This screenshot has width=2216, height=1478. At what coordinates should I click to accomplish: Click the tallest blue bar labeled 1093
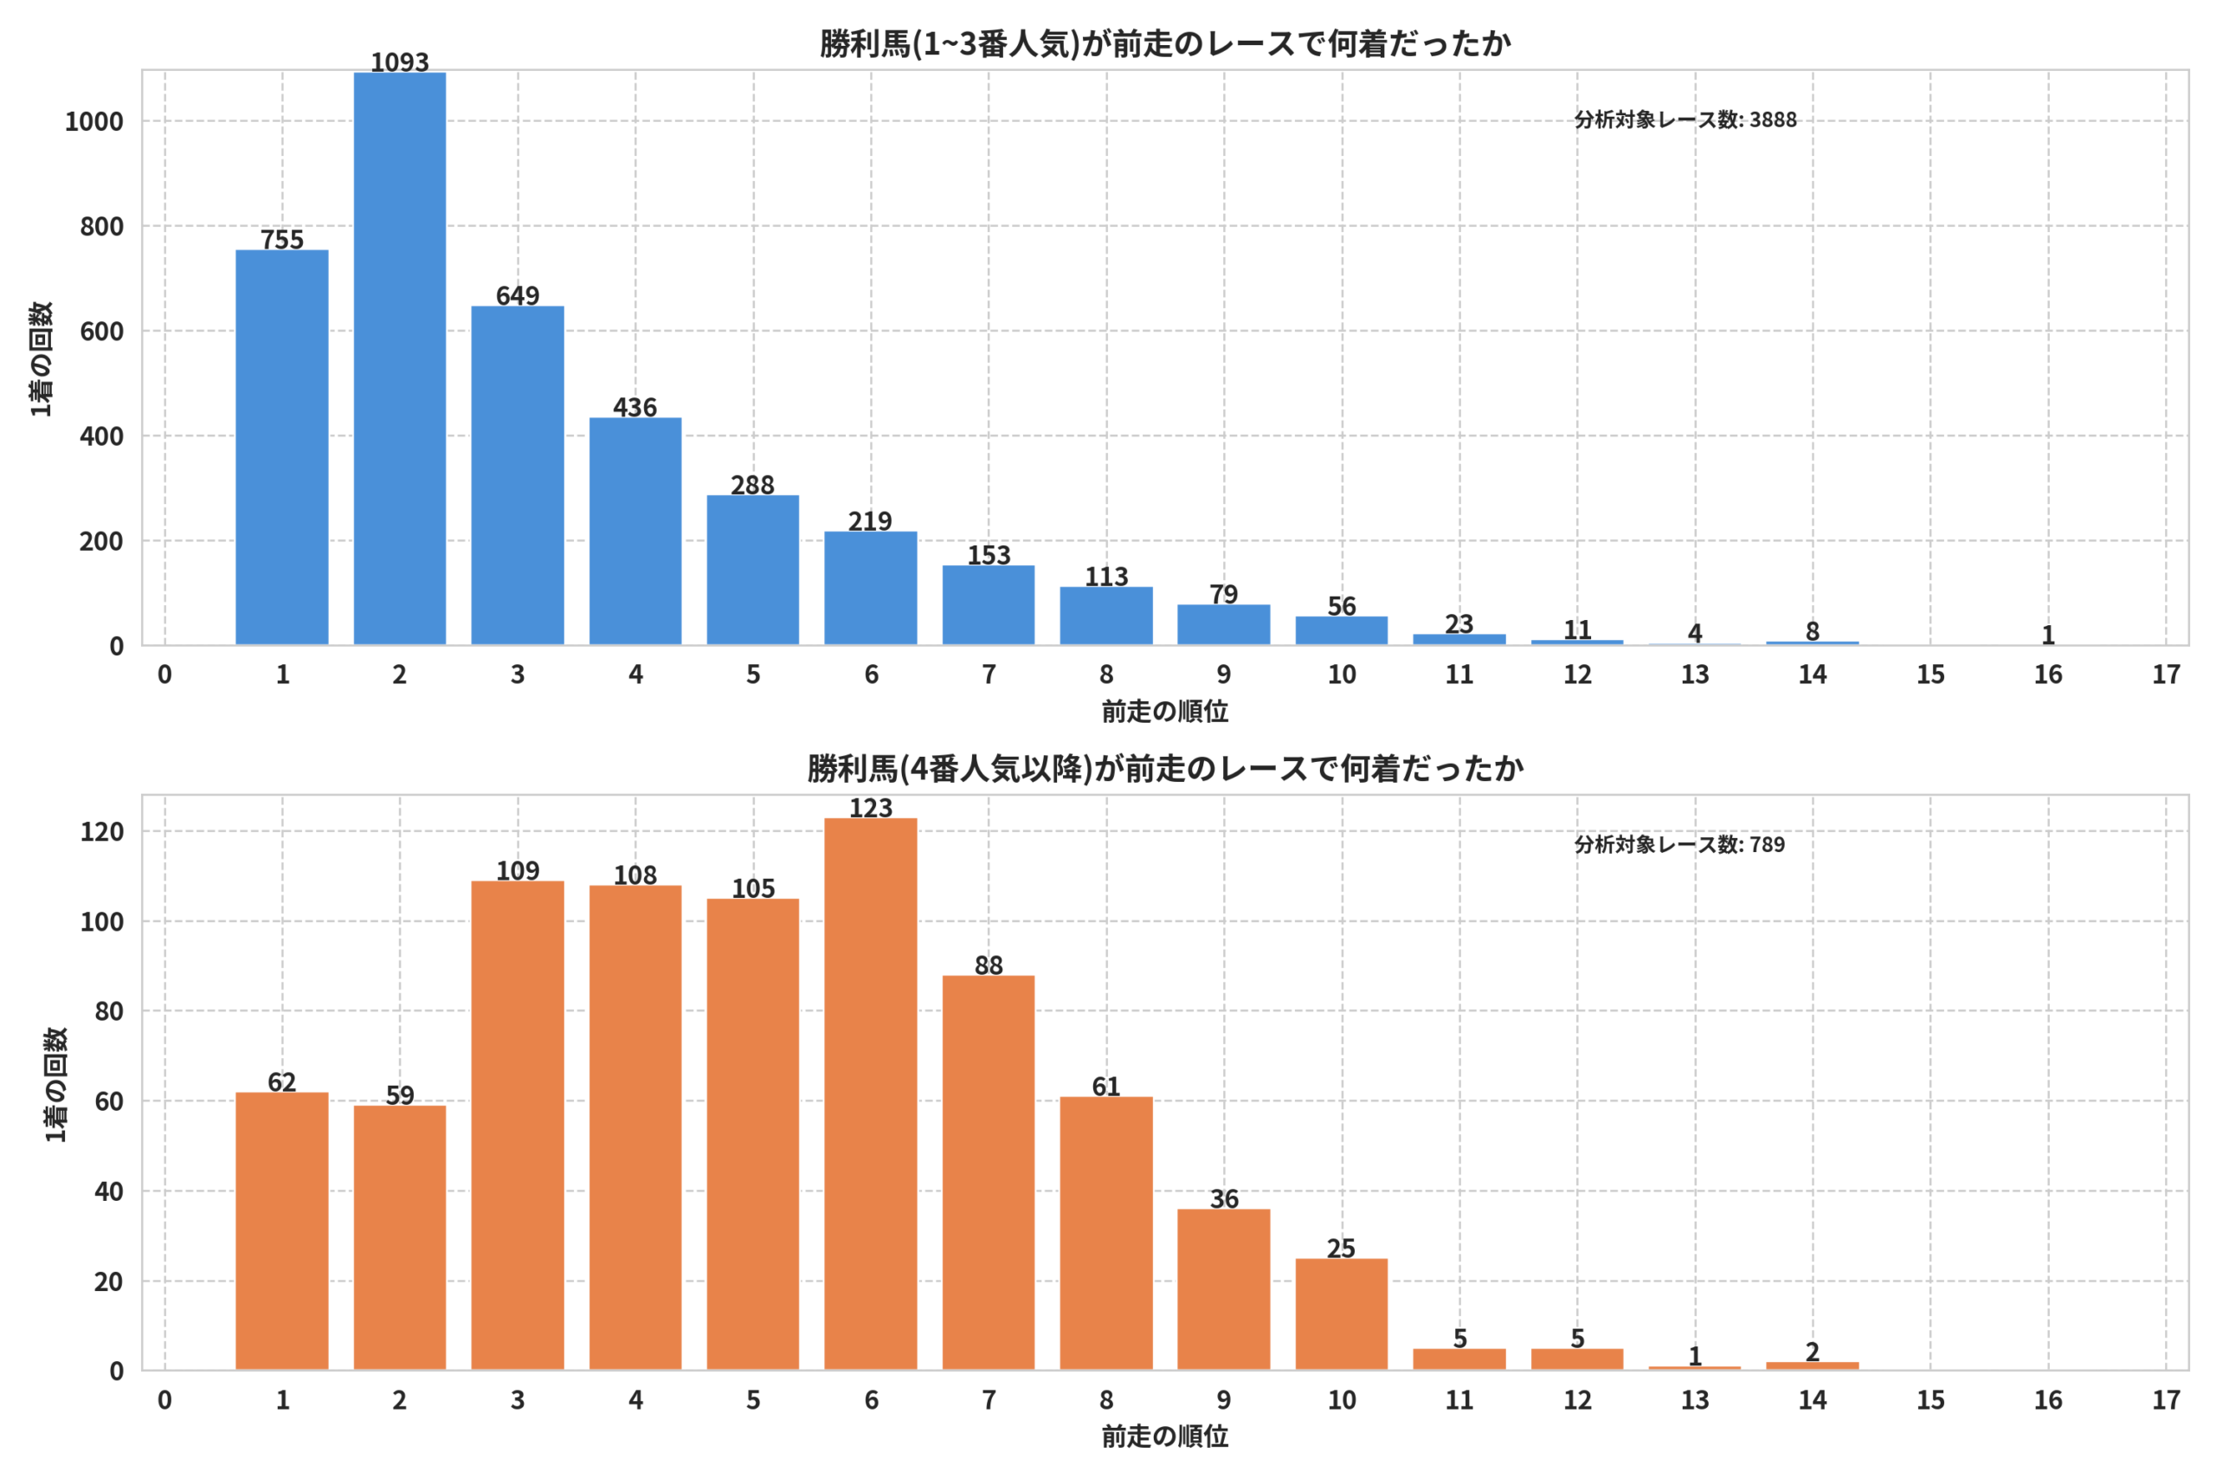pyautogui.click(x=399, y=358)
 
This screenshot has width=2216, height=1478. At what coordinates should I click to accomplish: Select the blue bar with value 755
pyautogui.click(x=281, y=448)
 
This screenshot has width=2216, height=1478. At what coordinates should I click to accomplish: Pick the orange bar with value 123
pyautogui.click(x=871, y=1094)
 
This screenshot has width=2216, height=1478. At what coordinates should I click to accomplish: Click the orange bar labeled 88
pyautogui.click(x=989, y=1172)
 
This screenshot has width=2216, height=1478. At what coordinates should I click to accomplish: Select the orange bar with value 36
pyautogui.click(x=1224, y=1289)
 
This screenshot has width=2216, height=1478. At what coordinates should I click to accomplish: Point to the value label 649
pyautogui.click(x=518, y=296)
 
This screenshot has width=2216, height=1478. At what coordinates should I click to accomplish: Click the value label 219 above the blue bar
pyautogui.click(x=870, y=521)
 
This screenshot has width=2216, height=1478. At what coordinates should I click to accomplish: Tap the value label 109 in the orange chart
pyautogui.click(x=518, y=871)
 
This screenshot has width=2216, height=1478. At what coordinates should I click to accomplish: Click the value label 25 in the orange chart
pyautogui.click(x=1341, y=1249)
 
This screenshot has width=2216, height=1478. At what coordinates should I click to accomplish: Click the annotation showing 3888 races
pyautogui.click(x=1685, y=119)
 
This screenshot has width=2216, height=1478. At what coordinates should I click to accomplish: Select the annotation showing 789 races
pyautogui.click(x=1679, y=844)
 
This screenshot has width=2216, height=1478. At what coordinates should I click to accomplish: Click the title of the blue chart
pyautogui.click(x=1164, y=43)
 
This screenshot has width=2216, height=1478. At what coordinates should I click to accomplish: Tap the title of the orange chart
pyautogui.click(x=1164, y=769)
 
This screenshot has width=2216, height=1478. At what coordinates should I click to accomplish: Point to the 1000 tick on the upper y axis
pyautogui.click(x=94, y=121)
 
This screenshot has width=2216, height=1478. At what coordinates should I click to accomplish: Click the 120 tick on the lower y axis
pyautogui.click(x=102, y=831)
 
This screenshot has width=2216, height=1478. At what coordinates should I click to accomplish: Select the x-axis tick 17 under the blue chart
pyautogui.click(x=2166, y=674)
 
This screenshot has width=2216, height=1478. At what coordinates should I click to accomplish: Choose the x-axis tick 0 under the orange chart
pyautogui.click(x=164, y=1401)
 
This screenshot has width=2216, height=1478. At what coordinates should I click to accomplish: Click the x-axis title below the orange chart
pyautogui.click(x=1164, y=1436)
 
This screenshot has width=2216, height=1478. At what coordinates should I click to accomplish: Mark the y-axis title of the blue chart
pyautogui.click(x=42, y=358)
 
